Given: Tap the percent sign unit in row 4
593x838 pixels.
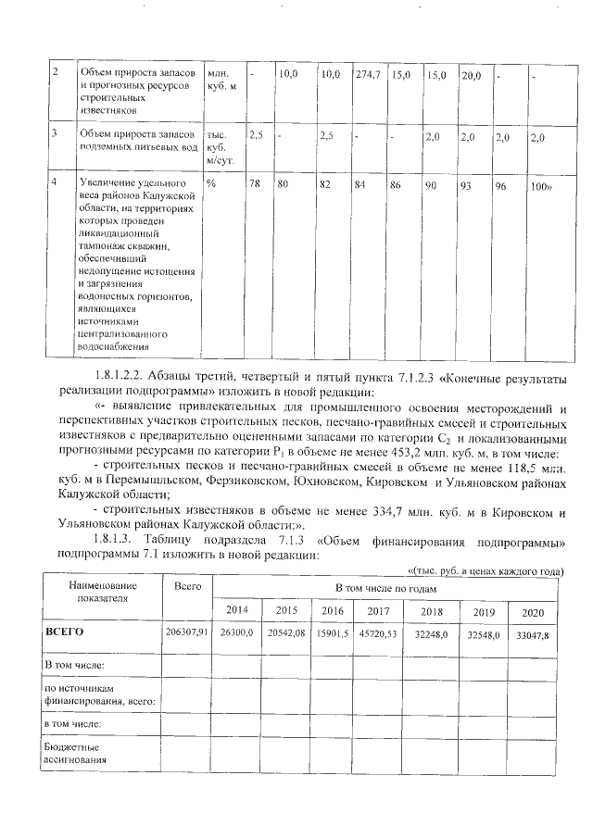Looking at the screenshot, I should (211, 184).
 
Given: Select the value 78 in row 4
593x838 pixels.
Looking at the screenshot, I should (255, 184).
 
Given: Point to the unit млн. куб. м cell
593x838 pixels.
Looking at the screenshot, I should (222, 79).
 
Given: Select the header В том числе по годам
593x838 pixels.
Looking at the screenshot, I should (387, 587).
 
